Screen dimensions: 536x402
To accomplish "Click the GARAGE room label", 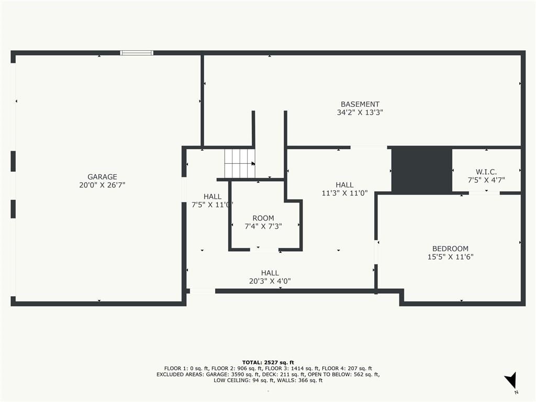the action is (102, 177).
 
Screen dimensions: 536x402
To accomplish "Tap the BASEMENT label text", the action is (360, 104).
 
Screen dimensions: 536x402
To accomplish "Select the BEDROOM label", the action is (450, 249).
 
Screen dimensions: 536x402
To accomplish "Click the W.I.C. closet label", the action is (486, 172).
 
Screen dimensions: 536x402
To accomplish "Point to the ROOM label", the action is (263, 218).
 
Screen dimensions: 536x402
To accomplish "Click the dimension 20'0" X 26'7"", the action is (102, 185).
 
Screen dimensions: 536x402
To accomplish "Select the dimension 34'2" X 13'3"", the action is (360, 113).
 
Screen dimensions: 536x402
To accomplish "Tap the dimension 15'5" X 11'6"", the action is (450, 256).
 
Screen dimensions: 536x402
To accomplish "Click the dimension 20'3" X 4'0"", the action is (270, 281).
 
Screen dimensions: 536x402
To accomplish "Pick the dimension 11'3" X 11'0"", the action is (344, 193).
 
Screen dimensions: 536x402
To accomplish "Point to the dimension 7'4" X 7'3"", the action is (263, 226).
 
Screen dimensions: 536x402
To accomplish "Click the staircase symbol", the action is (240, 163).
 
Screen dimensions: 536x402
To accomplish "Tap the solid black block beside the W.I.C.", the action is (421, 170).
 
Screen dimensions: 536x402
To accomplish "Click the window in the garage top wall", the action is (137, 53).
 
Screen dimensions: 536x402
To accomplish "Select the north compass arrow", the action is (511, 380).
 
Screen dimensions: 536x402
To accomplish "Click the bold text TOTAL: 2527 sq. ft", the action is (268, 363).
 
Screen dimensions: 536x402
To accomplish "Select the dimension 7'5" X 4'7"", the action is (486, 180).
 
